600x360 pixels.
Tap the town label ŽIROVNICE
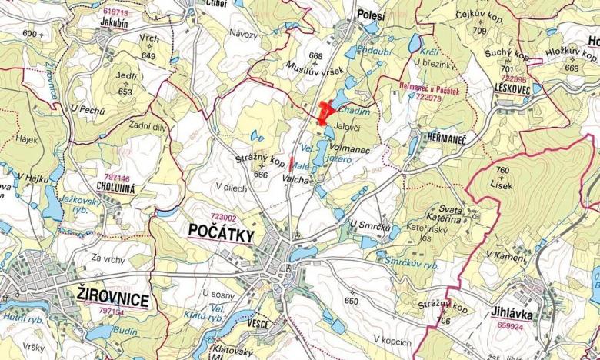pos(113,295)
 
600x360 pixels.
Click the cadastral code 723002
pos(222,218)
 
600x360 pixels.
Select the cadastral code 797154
pos(112,312)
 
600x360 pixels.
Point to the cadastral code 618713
pos(115,12)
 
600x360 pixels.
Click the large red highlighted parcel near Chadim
pos(325,112)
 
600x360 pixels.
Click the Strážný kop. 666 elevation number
pos(261,175)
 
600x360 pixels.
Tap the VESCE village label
pos(258,324)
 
